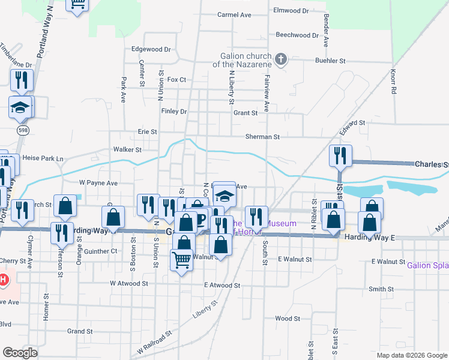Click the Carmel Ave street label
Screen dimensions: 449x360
coord(234,14)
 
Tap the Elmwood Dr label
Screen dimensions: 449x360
coord(291,10)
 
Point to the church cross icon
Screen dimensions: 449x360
coord(280,59)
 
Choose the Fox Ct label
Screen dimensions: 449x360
coord(177,79)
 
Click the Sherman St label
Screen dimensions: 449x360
coord(262,137)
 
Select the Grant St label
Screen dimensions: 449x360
coord(245,112)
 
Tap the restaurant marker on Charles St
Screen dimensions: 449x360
coord(340,155)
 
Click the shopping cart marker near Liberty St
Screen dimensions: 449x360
coord(181,260)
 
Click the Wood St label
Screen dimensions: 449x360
coord(287,318)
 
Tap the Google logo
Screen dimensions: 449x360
coord(20,352)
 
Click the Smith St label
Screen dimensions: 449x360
coord(381,289)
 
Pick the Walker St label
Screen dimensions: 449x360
coord(127,149)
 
